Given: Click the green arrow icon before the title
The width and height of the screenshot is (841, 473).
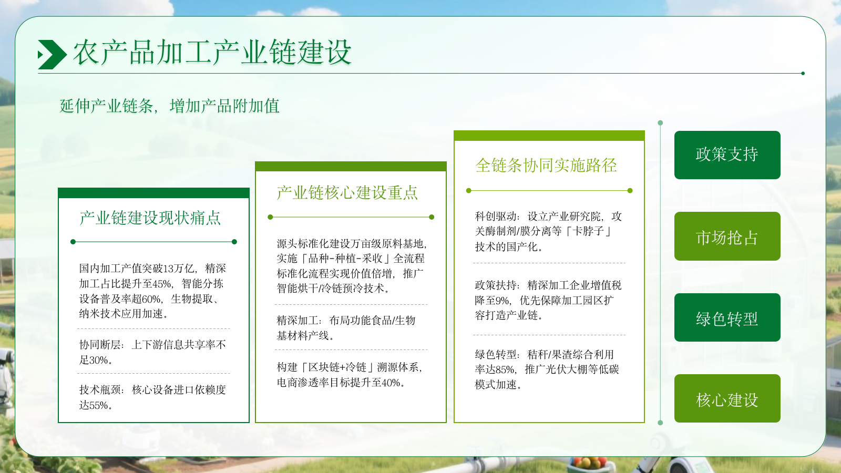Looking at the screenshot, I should (x=52, y=55).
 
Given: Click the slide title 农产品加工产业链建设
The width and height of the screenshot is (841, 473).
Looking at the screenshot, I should (x=212, y=53).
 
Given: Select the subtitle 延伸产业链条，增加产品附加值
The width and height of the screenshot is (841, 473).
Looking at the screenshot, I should (x=169, y=106).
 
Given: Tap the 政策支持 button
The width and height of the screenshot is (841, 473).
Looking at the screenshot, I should (x=727, y=155).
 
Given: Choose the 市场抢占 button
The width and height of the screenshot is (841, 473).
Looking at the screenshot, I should (x=727, y=236).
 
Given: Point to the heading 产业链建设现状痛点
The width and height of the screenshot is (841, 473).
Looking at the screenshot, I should (x=150, y=218).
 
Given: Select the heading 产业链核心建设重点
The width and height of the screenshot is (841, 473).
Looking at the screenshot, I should (x=347, y=193).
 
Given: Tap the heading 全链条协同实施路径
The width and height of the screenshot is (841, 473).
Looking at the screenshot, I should (x=546, y=166).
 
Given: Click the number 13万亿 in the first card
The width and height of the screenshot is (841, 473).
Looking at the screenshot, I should (x=176, y=269).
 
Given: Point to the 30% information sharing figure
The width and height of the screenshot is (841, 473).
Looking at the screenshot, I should (x=99, y=360).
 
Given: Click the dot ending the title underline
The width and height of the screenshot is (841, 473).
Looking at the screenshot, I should (x=803, y=74).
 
